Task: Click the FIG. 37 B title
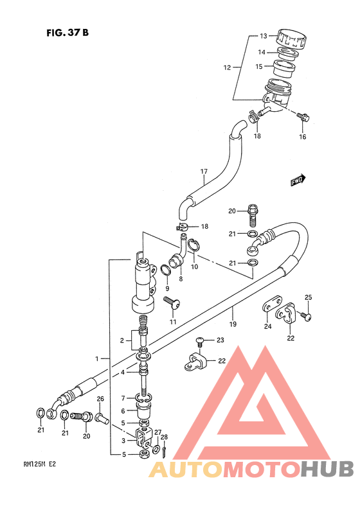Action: pos(67,33)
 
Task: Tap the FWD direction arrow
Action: pos(298,180)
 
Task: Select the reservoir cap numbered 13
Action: pos(292,39)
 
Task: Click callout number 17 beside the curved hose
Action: pos(204,171)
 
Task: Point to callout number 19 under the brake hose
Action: pos(233,324)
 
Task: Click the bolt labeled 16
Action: pos(303,116)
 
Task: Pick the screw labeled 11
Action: pos(172,303)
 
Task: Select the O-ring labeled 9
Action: pos(166,270)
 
